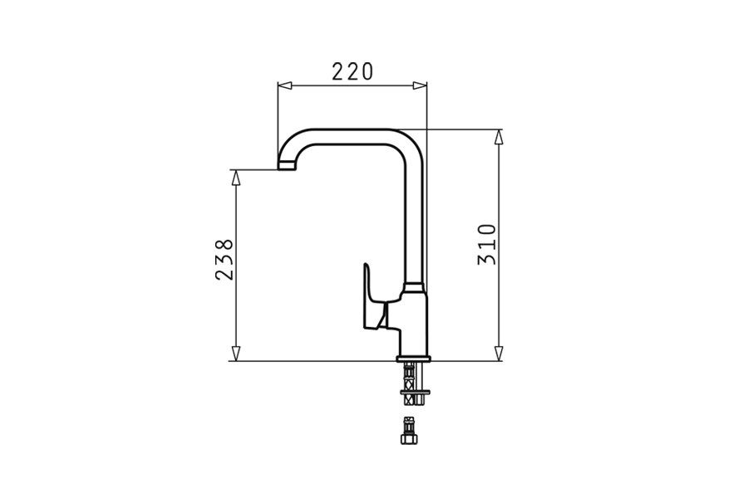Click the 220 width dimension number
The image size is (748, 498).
coord(352,71)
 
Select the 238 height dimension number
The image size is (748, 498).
coord(224,259)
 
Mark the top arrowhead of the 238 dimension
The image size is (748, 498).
coord(236,175)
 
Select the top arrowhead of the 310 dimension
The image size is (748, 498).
coord(499,134)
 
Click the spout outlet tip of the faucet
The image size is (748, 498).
coord(286,166)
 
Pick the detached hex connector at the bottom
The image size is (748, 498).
coord(410,432)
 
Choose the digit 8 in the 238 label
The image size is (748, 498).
coord(224,247)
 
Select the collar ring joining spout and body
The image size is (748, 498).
coord(414,289)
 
